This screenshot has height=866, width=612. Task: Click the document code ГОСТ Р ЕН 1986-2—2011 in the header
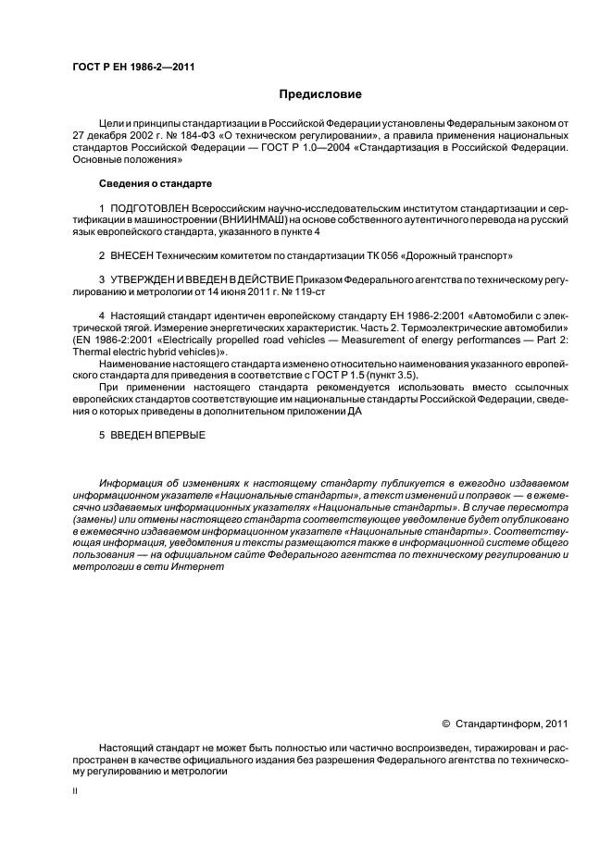pyautogui.click(x=133, y=67)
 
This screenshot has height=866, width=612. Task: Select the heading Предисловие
pyautogui.click(x=320, y=95)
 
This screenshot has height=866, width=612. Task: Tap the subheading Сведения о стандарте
pyautogui.click(x=156, y=183)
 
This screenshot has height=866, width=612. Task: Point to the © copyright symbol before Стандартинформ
pyautogui.click(x=446, y=724)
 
